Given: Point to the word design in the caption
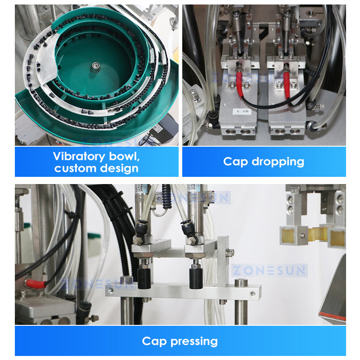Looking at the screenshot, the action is pos(119,169).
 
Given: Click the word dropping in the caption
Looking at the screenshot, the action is pos(278,162).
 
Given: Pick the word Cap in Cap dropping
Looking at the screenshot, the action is pos(235,162).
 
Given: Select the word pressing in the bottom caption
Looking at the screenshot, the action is pos(194,342).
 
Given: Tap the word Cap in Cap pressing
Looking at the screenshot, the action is pos(154,341).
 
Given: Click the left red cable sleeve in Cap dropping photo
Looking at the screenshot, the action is pos(239,83).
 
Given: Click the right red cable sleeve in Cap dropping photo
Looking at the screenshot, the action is pos(286,83).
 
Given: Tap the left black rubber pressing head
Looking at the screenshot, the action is pos(144,278).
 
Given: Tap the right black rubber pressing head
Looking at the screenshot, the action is pos(196,278).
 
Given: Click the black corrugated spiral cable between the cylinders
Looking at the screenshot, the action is pos(166,197).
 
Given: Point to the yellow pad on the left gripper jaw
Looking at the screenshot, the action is pos(288,235).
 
